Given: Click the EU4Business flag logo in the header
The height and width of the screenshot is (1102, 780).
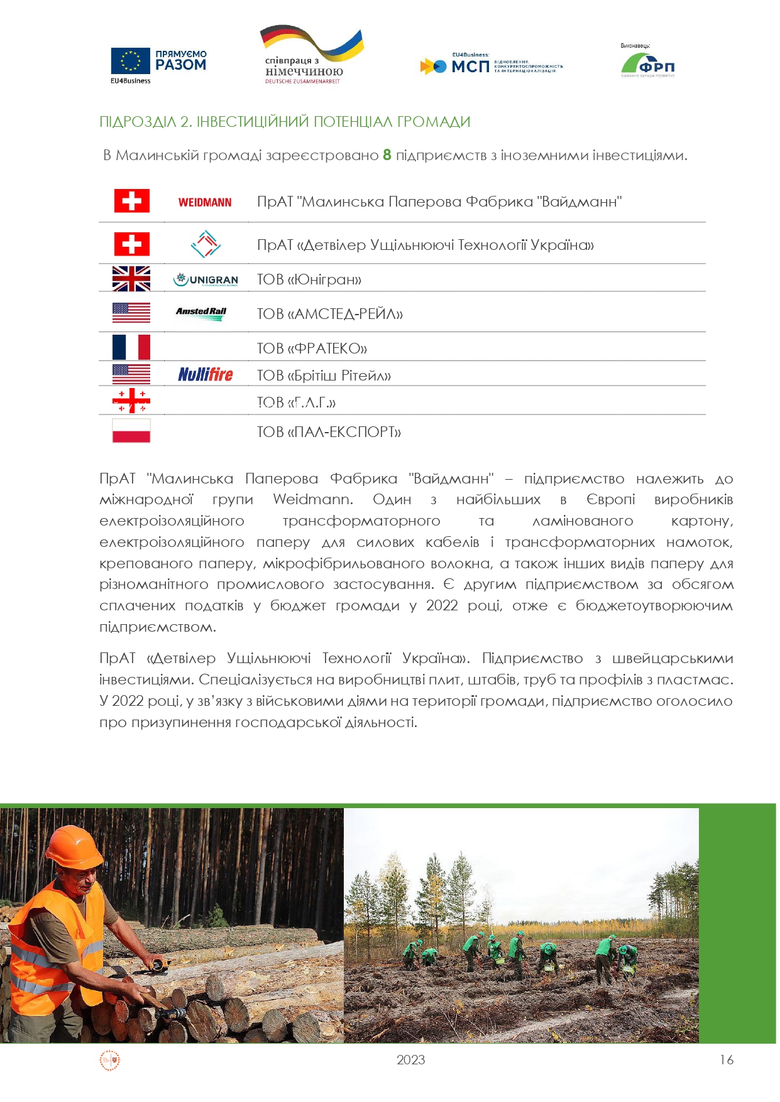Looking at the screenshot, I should click(x=131, y=62).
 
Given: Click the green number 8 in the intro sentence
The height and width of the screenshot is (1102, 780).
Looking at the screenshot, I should click(x=387, y=155).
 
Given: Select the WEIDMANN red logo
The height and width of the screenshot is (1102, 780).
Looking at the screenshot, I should click(x=205, y=202).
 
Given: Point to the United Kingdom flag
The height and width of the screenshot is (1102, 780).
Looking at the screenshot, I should click(x=131, y=279).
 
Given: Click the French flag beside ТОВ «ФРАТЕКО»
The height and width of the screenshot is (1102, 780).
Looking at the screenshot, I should click(x=131, y=347).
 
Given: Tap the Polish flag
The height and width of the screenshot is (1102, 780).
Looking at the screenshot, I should click(x=131, y=431).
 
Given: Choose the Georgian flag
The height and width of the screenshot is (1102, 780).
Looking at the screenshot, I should click(x=131, y=401).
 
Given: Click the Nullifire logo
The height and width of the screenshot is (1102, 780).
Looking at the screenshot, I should click(x=206, y=375).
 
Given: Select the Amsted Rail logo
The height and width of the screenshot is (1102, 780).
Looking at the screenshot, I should click(x=201, y=313).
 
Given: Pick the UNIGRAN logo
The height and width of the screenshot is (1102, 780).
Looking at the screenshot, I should click(x=206, y=279).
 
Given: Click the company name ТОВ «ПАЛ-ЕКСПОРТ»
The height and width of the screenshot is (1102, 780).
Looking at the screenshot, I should click(x=329, y=432).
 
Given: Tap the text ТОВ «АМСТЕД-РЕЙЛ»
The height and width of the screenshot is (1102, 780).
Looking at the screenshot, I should click(x=329, y=314).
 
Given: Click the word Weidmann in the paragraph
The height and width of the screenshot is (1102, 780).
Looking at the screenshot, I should click(x=312, y=500).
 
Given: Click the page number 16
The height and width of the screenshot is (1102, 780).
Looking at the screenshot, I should click(x=727, y=1060).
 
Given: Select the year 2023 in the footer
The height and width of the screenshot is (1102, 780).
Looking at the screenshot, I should click(x=411, y=1060).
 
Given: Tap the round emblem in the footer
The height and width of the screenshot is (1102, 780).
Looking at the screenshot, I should click(x=110, y=1061).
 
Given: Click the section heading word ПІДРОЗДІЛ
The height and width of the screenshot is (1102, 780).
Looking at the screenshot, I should click(x=137, y=122).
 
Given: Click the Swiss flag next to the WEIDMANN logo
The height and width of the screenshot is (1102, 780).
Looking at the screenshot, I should click(x=131, y=201).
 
